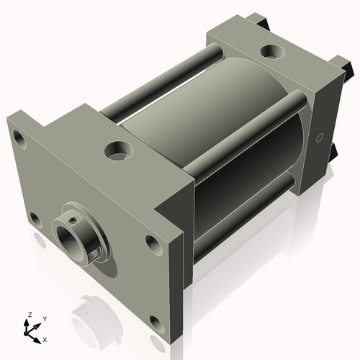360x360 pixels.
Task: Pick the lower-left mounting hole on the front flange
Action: [33, 217]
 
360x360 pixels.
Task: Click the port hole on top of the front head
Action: [117, 150]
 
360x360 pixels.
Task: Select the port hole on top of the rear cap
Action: [272, 52]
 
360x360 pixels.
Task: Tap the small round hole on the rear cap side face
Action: [319, 137]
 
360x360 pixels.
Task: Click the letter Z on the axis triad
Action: [29, 315]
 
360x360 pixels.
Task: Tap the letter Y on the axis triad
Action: [45, 318]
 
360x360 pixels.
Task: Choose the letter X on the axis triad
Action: [45, 338]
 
